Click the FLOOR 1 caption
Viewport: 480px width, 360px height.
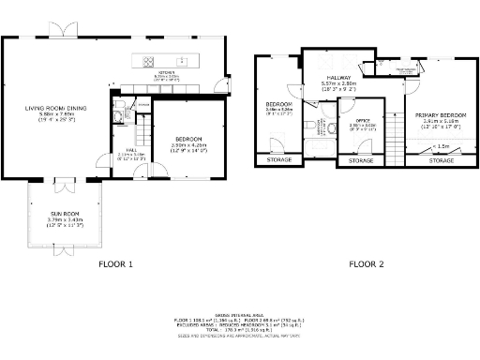[116, 264]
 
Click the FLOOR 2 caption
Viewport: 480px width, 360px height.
[367, 264]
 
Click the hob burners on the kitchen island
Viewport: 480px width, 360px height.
[147, 62]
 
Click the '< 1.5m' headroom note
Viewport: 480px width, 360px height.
[440, 146]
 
